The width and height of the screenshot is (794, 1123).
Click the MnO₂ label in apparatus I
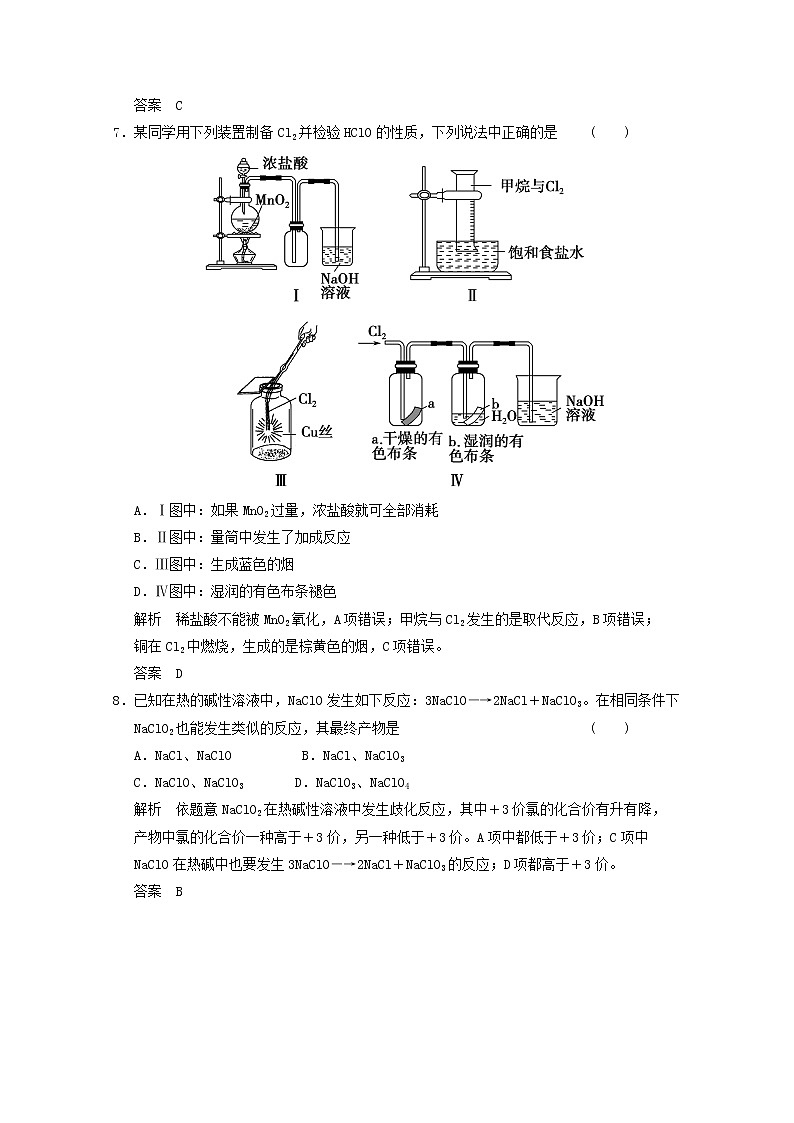(273, 200)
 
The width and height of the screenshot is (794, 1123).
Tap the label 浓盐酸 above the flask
(285, 163)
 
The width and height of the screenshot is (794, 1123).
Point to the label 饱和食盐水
(546, 251)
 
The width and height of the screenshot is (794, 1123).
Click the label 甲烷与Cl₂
(533, 186)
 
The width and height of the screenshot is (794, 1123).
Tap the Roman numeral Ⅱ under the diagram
(472, 295)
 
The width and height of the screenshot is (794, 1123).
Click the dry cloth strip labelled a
(412, 414)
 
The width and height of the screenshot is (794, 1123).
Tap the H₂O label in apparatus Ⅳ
(503, 416)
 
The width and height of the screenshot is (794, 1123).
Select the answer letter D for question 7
(179, 673)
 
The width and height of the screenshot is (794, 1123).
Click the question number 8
(119, 700)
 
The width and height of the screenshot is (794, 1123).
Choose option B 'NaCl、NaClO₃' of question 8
(353, 756)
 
